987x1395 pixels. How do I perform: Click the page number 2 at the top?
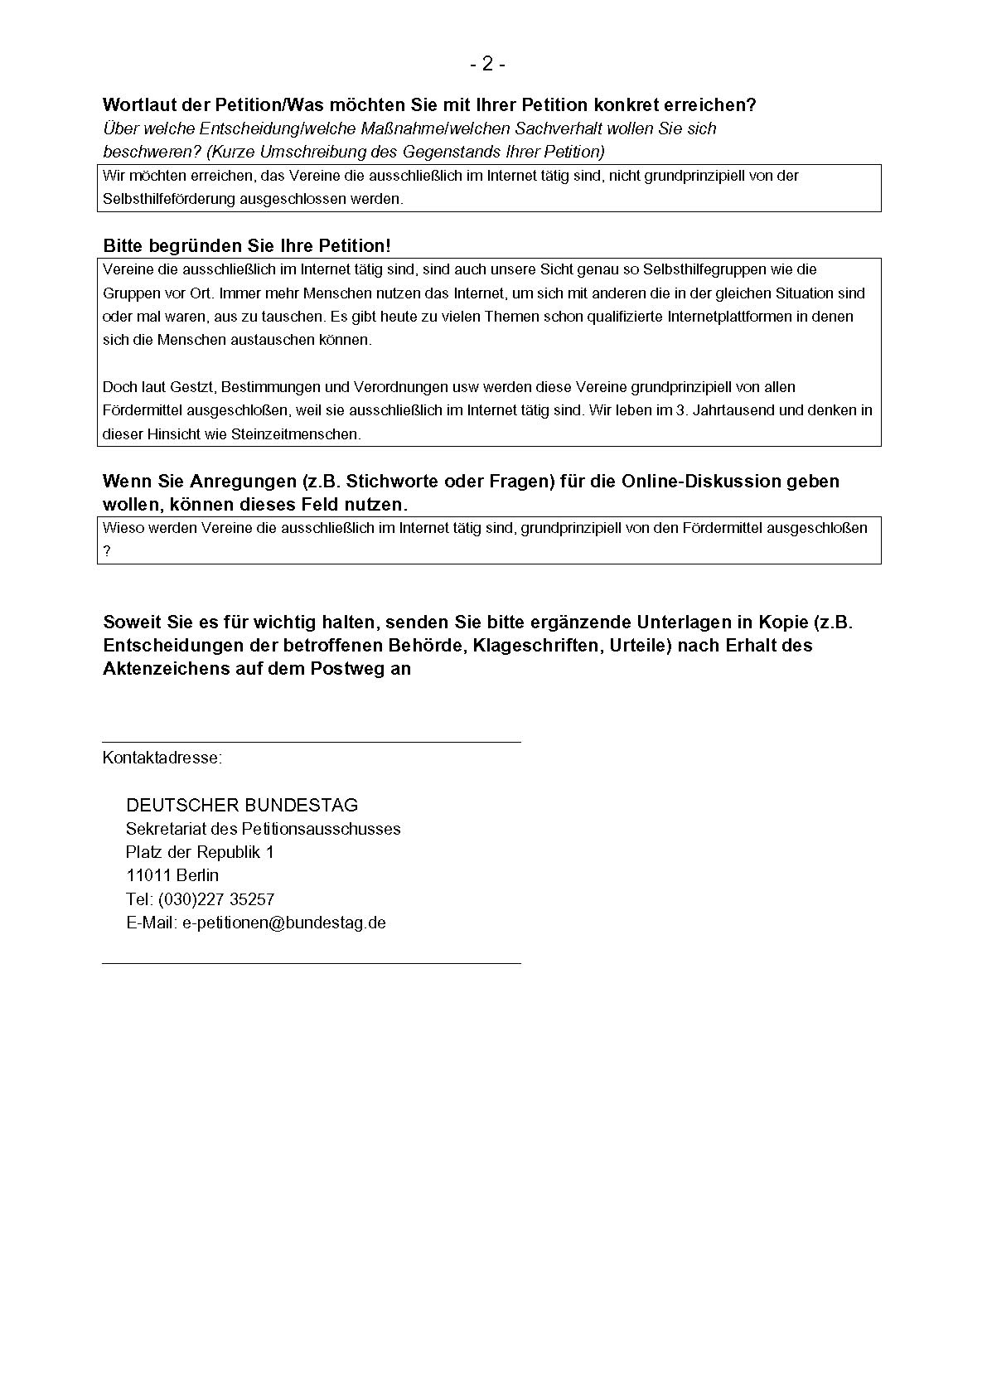(x=487, y=64)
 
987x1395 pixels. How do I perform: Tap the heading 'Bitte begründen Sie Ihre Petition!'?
(x=246, y=246)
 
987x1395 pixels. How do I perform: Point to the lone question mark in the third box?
(x=107, y=551)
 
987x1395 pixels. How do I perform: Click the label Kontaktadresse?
(x=162, y=758)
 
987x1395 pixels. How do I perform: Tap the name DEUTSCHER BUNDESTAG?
(x=242, y=805)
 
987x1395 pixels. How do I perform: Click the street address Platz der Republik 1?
(x=200, y=852)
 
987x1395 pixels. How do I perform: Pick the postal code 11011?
(x=148, y=875)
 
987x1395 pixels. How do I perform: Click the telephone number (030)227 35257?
(x=216, y=899)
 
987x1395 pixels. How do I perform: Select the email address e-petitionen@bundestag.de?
(x=284, y=923)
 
